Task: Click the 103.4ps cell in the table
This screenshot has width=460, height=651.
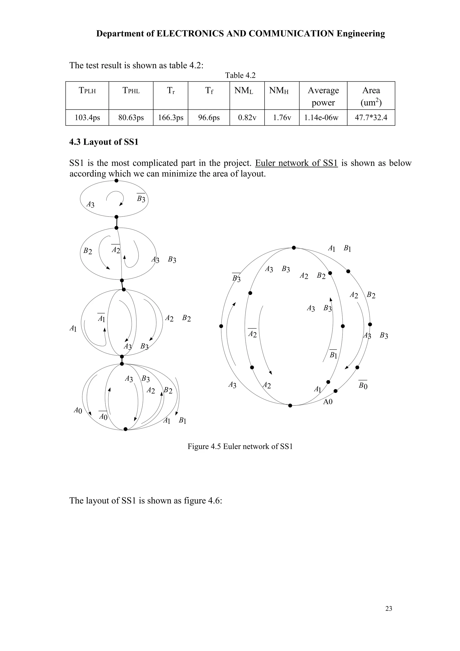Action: [87, 117]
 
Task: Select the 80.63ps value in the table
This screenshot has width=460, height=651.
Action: [131, 117]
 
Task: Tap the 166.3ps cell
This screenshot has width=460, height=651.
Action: [171, 117]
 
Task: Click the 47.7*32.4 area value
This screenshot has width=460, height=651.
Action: [371, 117]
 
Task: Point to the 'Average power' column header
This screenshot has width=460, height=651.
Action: [323, 96]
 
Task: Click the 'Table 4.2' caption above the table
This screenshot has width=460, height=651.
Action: [240, 75]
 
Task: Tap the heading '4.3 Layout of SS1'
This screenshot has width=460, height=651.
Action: [104, 142]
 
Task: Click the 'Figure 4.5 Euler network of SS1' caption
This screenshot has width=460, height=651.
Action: [240, 446]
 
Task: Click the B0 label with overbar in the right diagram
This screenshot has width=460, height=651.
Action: [363, 385]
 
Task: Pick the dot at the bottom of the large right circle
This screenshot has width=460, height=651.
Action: [290, 405]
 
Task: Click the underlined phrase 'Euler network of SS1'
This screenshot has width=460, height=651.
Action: [296, 163]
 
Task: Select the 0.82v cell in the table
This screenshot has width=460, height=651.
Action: [247, 117]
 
